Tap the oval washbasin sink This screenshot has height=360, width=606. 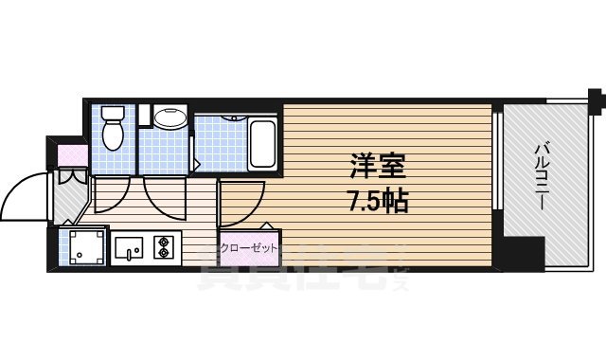tap(171, 118)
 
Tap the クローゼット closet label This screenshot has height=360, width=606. tap(249, 247)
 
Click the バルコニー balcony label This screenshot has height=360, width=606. tap(546, 170)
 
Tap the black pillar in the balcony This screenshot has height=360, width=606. tap(523, 252)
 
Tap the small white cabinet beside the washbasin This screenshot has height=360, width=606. tap(144, 117)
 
